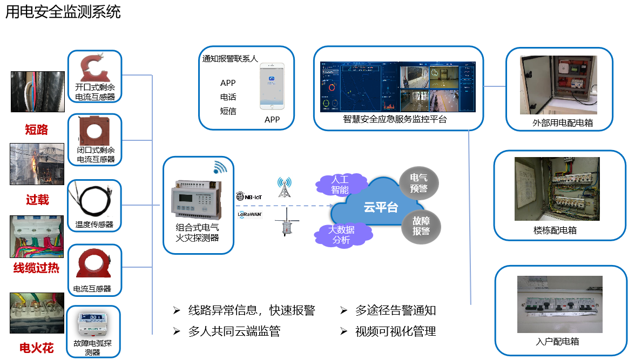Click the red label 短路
[x=36, y=130]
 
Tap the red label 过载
[x=37, y=200]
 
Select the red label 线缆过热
[x=36, y=268]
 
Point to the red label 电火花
[x=36, y=348]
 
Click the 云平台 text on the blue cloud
[x=381, y=207]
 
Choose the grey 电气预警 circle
[x=419, y=183]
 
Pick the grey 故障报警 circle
[x=421, y=226]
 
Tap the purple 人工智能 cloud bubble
[x=340, y=185]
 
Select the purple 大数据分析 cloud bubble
[x=341, y=235]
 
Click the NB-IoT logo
[x=249, y=197]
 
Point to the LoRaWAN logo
[x=249, y=215]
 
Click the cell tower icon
[x=283, y=187]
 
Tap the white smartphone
[x=272, y=86]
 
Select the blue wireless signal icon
[x=220, y=168]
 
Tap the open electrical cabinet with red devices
[x=558, y=85]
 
